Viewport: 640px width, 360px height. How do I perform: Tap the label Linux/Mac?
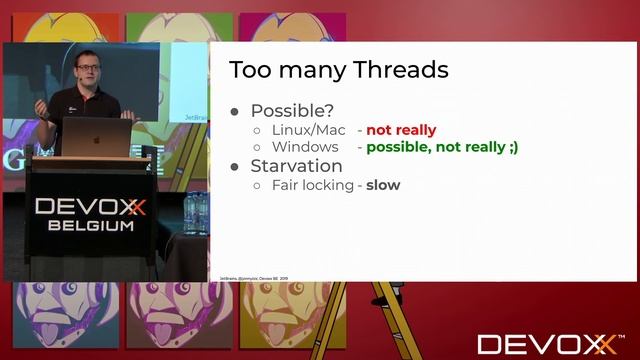(x=309, y=130)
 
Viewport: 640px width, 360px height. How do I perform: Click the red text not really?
(x=401, y=130)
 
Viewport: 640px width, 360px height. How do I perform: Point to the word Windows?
(x=305, y=147)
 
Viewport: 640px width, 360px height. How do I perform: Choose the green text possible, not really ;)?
(x=442, y=147)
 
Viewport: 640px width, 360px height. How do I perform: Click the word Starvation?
(x=296, y=166)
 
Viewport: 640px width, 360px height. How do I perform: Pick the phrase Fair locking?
(x=312, y=185)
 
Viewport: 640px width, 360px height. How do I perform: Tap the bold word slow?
(x=383, y=185)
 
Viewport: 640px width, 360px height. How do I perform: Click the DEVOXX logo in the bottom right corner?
(x=548, y=344)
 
